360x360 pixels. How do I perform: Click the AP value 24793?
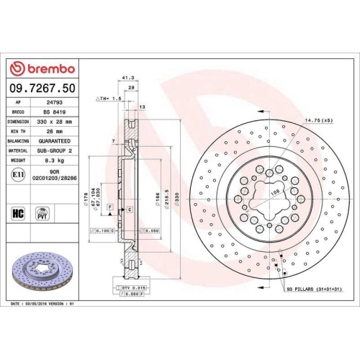[x=55, y=102]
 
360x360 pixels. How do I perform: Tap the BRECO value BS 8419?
[x=55, y=112]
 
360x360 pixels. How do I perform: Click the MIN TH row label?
[x=17, y=132]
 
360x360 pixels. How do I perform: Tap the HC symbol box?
[x=17, y=213]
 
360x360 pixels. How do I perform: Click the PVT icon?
[x=42, y=213]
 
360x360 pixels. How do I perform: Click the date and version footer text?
[x=43, y=305]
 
